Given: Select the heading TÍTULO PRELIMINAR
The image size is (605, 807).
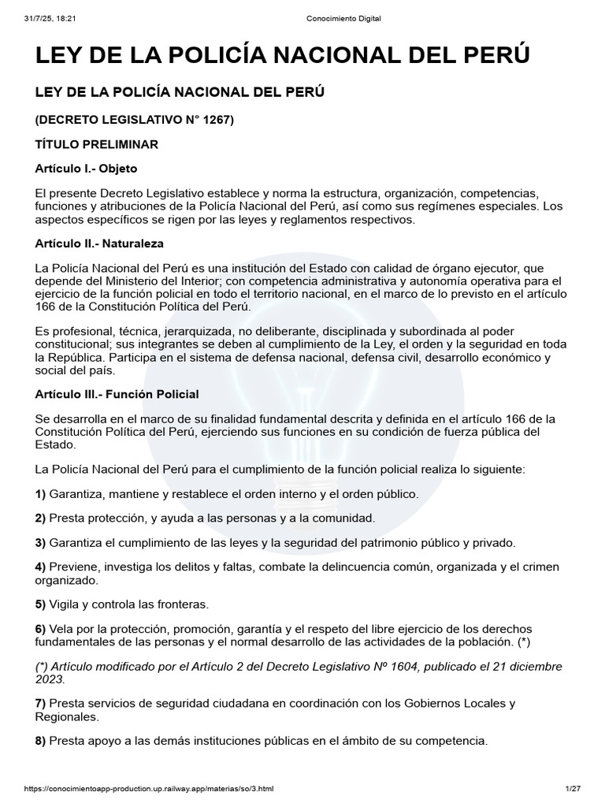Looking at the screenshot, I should pyautogui.click(x=97, y=144).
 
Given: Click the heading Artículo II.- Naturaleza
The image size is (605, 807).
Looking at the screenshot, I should pyautogui.click(x=99, y=243).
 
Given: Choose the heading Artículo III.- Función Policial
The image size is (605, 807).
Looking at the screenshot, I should pyautogui.click(x=117, y=393).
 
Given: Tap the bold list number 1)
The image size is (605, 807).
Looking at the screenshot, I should pyautogui.click(x=41, y=493).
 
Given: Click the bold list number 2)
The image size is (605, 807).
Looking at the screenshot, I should pyautogui.click(x=41, y=518).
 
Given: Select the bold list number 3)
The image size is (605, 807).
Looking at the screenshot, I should pyautogui.click(x=41, y=542).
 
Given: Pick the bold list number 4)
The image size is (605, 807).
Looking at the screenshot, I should pyautogui.click(x=41, y=567).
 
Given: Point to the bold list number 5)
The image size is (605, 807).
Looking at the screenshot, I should pyautogui.click(x=41, y=604).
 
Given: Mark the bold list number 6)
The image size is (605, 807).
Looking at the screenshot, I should pyautogui.click(x=41, y=628).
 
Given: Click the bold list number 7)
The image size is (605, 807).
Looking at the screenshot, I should pyautogui.click(x=41, y=703).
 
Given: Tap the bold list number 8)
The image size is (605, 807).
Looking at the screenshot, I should pyautogui.click(x=41, y=741).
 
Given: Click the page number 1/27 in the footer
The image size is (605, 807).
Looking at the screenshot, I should pyautogui.click(x=573, y=789).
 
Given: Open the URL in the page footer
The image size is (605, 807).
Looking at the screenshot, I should pyautogui.click(x=149, y=789).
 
